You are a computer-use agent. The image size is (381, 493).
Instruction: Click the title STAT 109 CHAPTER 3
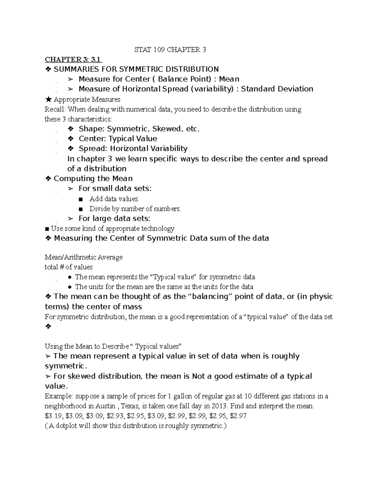pyautogui.click(x=170, y=50)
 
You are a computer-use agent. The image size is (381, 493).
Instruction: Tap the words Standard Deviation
pyautogui.click(x=277, y=89)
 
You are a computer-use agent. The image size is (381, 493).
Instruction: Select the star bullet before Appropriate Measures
pyautogui.click(x=48, y=100)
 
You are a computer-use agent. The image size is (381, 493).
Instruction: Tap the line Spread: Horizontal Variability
pyautogui.click(x=133, y=149)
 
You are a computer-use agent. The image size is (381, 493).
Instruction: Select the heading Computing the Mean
pyautogui.click(x=93, y=178)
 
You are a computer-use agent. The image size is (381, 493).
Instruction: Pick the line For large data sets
pyautogui.click(x=114, y=218)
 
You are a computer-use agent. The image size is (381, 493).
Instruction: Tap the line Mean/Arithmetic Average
pyautogui.click(x=84, y=257)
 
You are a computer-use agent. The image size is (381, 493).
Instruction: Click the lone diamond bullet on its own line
pyautogui.click(x=48, y=327)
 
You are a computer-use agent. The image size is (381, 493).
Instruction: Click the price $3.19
pyautogui.click(x=53, y=416)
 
